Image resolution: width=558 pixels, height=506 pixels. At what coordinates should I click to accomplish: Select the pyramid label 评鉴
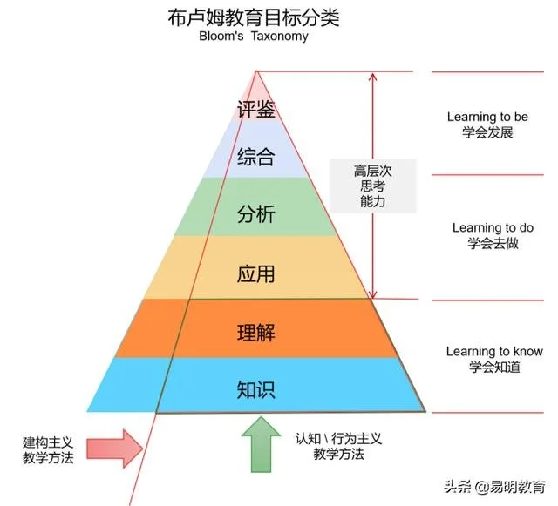(256, 111)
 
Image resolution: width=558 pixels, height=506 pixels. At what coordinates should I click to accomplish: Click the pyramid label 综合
(256, 157)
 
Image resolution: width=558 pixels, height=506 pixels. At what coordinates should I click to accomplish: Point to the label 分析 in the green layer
(256, 214)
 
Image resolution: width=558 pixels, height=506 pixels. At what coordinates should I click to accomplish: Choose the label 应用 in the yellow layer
(256, 273)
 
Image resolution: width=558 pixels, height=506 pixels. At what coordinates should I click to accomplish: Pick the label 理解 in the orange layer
(256, 332)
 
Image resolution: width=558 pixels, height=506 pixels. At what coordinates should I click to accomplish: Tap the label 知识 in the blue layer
(256, 389)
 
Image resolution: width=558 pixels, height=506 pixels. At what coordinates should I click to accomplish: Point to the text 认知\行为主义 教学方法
(329, 446)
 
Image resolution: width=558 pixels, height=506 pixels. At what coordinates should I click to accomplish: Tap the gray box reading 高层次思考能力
(372, 186)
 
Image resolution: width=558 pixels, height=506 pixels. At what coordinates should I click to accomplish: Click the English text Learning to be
(487, 117)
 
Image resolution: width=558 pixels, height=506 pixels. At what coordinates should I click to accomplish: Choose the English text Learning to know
(494, 351)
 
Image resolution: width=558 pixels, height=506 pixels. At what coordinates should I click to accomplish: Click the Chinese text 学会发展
(487, 133)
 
